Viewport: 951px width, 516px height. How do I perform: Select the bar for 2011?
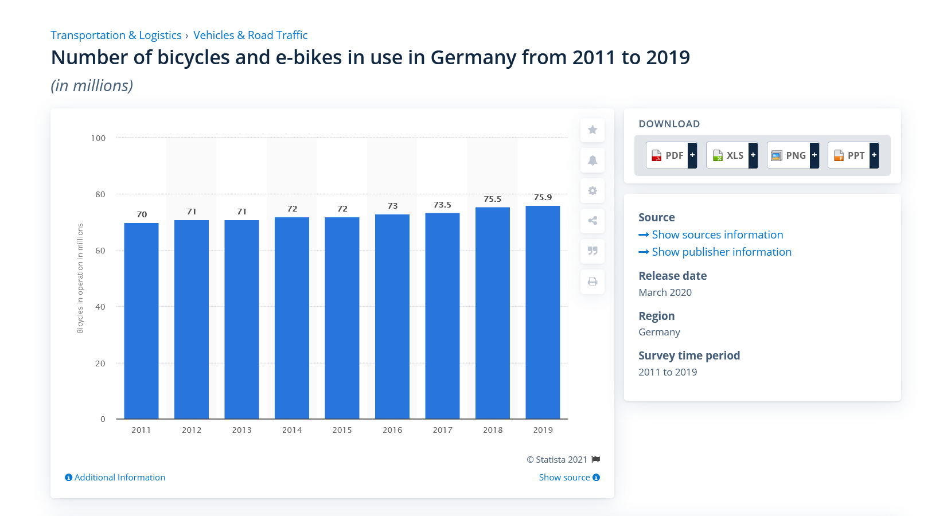pos(141,321)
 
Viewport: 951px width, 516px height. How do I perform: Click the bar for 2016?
pos(392,316)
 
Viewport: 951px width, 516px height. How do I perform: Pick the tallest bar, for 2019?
pos(543,312)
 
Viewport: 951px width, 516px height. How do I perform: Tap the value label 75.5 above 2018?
pos(493,199)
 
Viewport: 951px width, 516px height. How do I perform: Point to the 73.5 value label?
pos(442,205)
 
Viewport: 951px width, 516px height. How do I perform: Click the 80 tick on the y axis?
pos(100,194)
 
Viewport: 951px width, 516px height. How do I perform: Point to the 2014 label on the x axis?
pos(292,430)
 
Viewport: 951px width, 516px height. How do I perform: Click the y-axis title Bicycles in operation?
pos(80,278)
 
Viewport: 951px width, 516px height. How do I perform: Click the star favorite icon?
pos(593,130)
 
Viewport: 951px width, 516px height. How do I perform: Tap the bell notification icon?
pos(593,161)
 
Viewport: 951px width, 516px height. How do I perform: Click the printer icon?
pos(593,282)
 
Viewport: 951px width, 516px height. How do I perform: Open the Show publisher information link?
pos(721,252)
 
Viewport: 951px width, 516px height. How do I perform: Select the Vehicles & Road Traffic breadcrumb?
pos(250,35)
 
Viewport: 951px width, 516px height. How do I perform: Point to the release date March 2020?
pos(665,292)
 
